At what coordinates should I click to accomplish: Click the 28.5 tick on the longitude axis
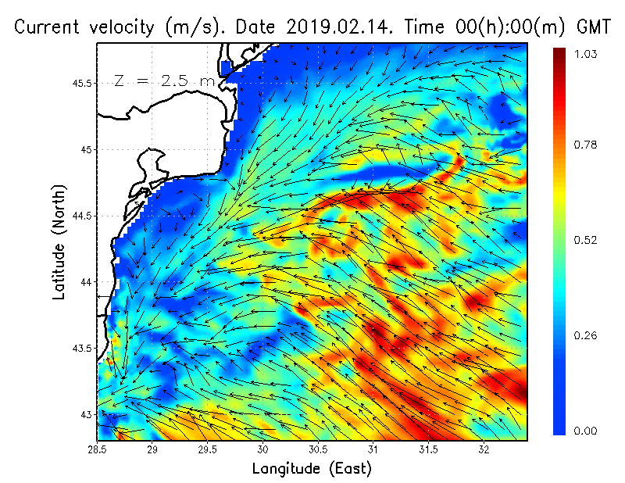[98, 451]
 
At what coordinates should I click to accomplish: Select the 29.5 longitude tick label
[208, 451]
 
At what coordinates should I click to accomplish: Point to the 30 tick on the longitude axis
[263, 451]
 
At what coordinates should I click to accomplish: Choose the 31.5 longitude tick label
[429, 451]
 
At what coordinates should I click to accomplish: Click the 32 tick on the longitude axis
[484, 451]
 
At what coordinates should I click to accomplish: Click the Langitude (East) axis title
[312, 469]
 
